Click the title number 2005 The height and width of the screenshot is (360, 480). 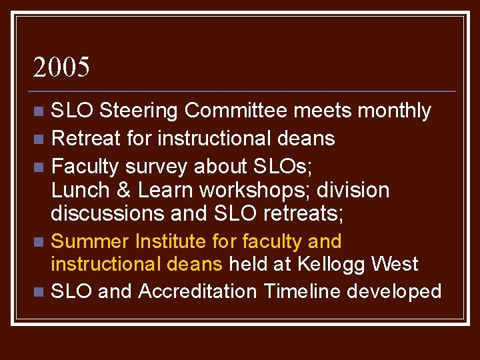(x=61, y=67)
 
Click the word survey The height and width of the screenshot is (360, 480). (x=157, y=165)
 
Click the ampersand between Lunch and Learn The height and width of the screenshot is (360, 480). (x=125, y=191)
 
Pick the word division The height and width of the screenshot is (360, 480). (x=353, y=191)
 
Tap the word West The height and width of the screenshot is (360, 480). (x=395, y=264)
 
